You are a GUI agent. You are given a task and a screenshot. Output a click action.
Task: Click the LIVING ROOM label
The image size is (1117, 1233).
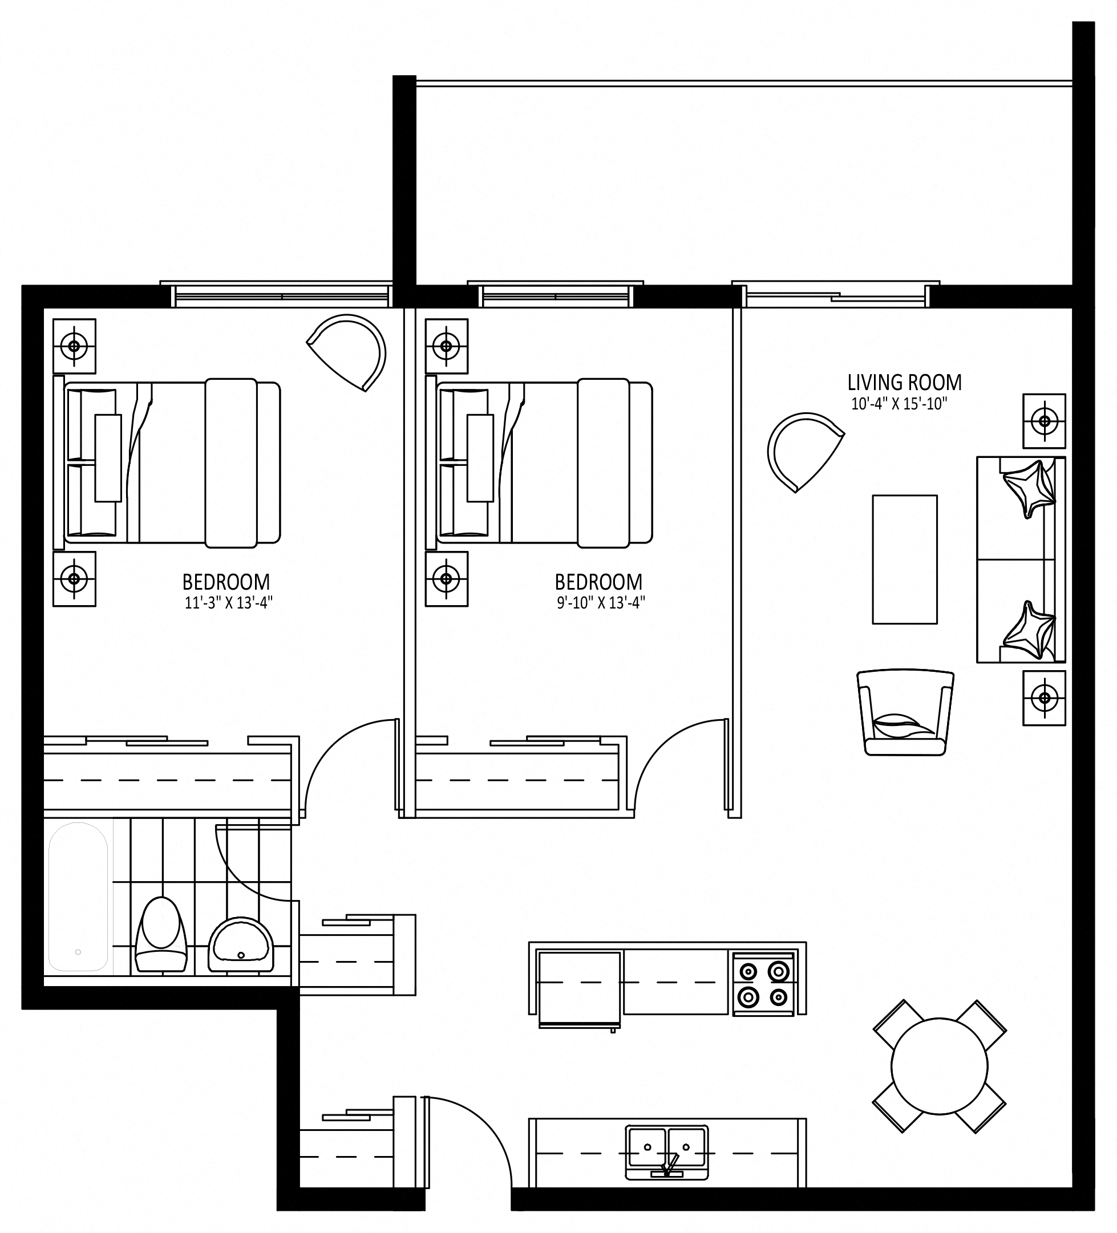[x=904, y=383]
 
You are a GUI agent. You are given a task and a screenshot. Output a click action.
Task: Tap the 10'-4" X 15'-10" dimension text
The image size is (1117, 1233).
[x=899, y=404]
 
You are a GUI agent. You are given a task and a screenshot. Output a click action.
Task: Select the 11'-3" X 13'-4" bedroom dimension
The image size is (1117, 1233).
[x=228, y=603]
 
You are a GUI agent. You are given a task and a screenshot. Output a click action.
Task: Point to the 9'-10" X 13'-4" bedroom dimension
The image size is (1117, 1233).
[x=601, y=603]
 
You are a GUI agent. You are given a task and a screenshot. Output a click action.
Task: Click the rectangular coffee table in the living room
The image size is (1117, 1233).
[x=904, y=559]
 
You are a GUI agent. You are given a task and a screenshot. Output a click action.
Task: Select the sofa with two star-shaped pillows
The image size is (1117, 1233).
[x=1021, y=559]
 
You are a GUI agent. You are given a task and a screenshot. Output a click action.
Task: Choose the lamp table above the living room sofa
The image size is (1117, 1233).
[x=1044, y=421]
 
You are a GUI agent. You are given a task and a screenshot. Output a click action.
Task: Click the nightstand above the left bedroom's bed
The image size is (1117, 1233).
[x=75, y=346]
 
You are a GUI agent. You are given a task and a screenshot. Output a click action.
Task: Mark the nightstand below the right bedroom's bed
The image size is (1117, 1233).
[x=447, y=579]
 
